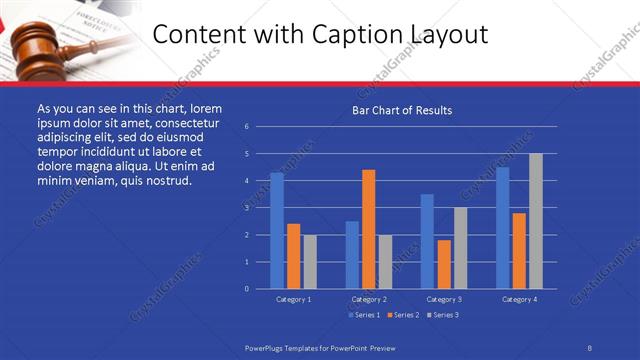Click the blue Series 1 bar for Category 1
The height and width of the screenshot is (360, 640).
[277, 231]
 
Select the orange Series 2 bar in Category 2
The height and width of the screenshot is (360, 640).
[369, 229]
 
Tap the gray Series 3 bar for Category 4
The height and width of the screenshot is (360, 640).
[536, 221]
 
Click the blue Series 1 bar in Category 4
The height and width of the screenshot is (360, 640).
[503, 228]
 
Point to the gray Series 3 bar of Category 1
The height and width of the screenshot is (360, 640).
[310, 262]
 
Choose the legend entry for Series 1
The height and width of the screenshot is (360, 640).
[363, 315]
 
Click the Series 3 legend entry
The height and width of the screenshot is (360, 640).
[444, 315]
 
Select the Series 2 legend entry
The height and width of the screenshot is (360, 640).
[403, 315]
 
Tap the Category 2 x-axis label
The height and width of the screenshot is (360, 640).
[369, 299]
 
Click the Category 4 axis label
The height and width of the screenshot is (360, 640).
[519, 299]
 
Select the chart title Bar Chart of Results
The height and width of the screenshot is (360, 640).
[402, 110]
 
